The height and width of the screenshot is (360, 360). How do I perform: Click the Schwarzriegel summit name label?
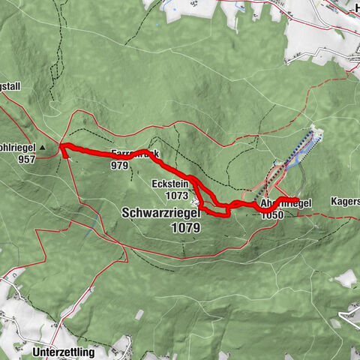pyautogui.click(x=160, y=213)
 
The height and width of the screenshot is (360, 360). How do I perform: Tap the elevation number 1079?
pyautogui.click(x=184, y=226)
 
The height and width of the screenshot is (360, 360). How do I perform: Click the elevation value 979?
pyautogui.click(x=119, y=165)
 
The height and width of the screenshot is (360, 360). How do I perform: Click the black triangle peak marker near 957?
pyautogui.click(x=43, y=147)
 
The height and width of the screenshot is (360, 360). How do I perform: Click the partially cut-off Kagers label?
pyautogui.click(x=344, y=202)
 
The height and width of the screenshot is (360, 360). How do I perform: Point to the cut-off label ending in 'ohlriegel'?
pyautogui.click(x=16, y=147)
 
